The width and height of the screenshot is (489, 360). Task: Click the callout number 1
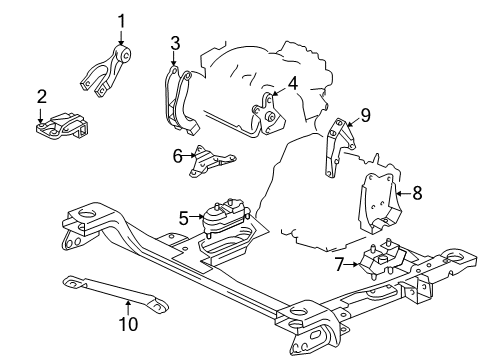pyautogui.click(x=121, y=19)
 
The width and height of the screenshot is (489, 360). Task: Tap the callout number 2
pyautogui.click(x=41, y=97)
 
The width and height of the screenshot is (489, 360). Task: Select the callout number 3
pyautogui.click(x=174, y=42)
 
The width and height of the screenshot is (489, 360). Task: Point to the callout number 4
pyautogui.click(x=293, y=83)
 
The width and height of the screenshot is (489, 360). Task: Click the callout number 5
pyautogui.click(x=183, y=215)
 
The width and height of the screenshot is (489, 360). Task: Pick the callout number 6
pyautogui.click(x=177, y=154)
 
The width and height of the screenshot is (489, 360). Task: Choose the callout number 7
pyautogui.click(x=340, y=264)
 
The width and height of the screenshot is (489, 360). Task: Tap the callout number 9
pyautogui.click(x=365, y=115)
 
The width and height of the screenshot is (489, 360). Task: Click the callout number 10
pyautogui.click(x=128, y=322)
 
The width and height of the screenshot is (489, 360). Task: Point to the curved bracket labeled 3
pyautogui.click(x=178, y=100)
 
